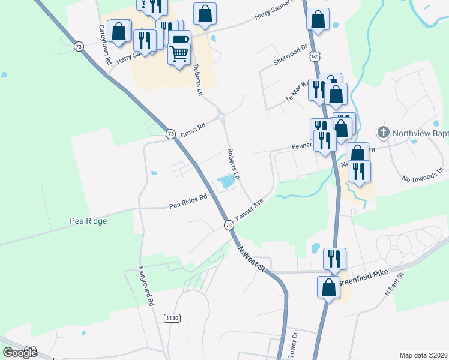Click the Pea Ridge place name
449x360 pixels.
(x=88, y=221)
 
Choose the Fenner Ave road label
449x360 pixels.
(x=250, y=211)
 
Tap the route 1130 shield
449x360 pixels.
(x=172, y=317)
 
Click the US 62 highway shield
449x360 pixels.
(x=315, y=56)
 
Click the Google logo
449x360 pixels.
(x=20, y=353)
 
